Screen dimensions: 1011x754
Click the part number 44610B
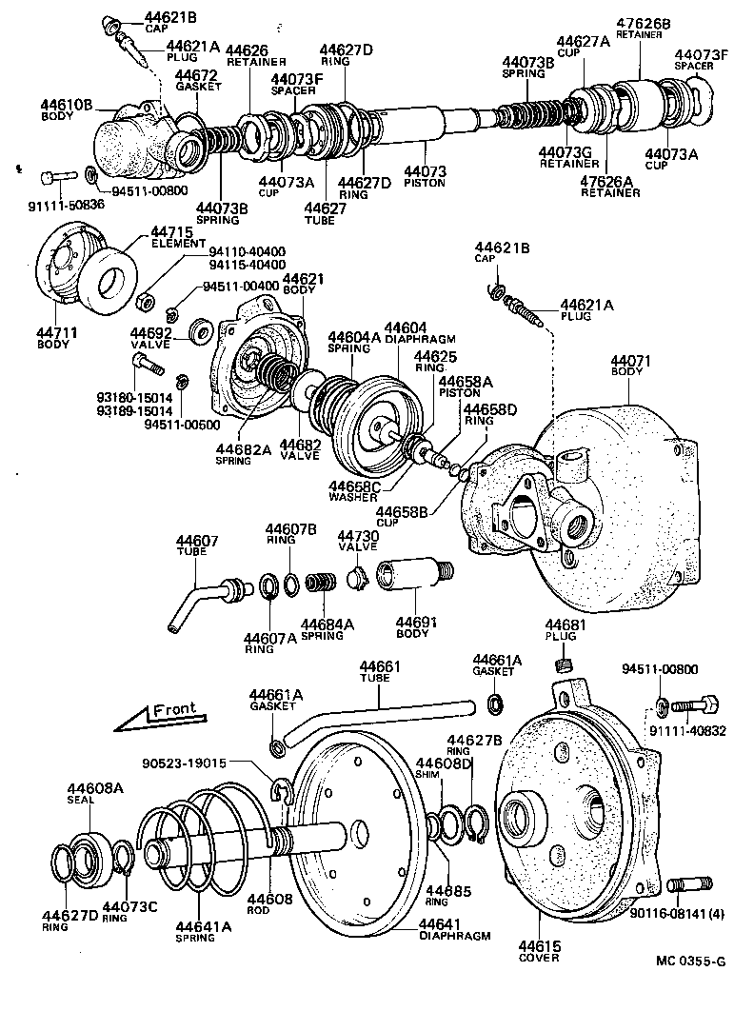pyautogui.click(x=67, y=104)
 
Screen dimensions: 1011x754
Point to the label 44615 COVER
pyautogui.click(x=539, y=952)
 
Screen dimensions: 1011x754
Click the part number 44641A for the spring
pyautogui.click(x=202, y=924)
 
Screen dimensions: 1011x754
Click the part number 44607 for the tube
pyautogui.click(x=197, y=542)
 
